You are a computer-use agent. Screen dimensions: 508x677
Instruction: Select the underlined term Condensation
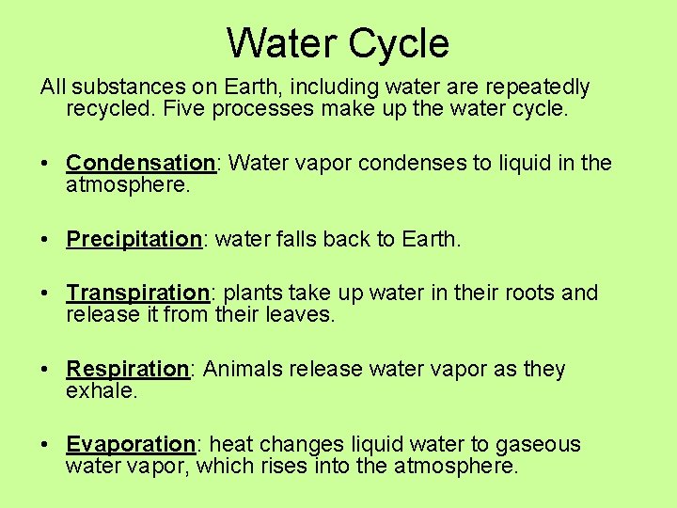(141, 163)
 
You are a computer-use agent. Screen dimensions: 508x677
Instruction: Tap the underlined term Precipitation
(134, 239)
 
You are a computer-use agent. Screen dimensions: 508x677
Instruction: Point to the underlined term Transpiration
(137, 293)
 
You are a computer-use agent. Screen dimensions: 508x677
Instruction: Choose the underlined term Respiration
(128, 369)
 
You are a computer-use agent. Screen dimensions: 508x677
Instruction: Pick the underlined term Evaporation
(131, 444)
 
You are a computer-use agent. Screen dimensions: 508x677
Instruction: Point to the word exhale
(101, 390)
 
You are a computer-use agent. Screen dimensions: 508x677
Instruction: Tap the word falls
(295, 239)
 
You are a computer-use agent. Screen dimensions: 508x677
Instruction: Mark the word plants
(249, 293)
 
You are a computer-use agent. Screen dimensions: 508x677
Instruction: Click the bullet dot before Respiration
(45, 369)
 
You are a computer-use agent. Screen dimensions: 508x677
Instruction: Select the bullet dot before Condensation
(45, 163)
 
